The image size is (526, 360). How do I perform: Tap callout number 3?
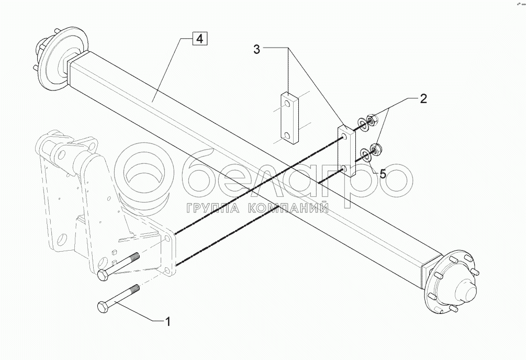[257, 49]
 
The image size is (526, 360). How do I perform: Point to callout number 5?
[383, 174]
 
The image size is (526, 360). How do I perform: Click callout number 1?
[167, 322]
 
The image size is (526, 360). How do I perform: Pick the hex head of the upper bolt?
[103, 276]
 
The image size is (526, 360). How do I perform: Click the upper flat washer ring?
[361, 125]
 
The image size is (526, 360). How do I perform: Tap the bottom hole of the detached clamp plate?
[288, 137]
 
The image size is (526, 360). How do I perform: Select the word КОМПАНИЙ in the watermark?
[287, 208]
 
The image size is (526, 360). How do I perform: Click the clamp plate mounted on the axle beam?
[346, 152]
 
